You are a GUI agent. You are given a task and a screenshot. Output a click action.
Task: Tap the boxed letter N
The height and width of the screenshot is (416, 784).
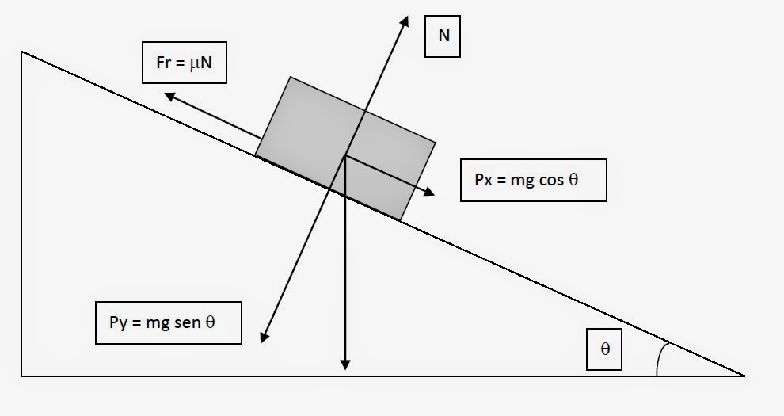point(443,36)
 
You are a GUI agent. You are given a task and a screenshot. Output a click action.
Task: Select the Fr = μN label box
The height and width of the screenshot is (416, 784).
point(184,62)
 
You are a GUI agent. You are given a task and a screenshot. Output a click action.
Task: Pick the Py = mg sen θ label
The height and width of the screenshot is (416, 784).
point(168,322)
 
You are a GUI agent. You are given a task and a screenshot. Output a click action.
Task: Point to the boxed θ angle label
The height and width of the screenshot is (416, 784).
point(605,348)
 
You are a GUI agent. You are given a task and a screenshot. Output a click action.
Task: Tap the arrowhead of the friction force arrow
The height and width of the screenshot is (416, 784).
point(169,95)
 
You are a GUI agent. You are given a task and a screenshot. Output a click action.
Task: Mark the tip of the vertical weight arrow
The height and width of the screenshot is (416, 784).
point(345,366)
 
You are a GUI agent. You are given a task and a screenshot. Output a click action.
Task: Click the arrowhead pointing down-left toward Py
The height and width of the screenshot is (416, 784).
point(263,339)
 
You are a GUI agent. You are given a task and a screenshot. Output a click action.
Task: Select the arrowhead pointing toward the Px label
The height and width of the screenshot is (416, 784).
point(431,192)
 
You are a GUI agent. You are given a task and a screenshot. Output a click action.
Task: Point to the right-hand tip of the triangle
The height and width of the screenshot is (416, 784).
point(743,374)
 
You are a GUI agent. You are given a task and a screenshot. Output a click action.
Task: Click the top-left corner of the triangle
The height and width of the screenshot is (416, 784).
point(22,52)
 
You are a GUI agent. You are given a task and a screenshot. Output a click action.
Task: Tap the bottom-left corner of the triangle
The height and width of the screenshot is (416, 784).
point(22,375)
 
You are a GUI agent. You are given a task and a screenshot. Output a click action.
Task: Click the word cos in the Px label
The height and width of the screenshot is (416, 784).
point(544,180)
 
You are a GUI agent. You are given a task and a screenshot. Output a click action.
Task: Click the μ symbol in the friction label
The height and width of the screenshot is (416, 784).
point(193,63)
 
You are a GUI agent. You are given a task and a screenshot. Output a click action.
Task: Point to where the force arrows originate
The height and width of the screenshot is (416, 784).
point(345,156)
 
